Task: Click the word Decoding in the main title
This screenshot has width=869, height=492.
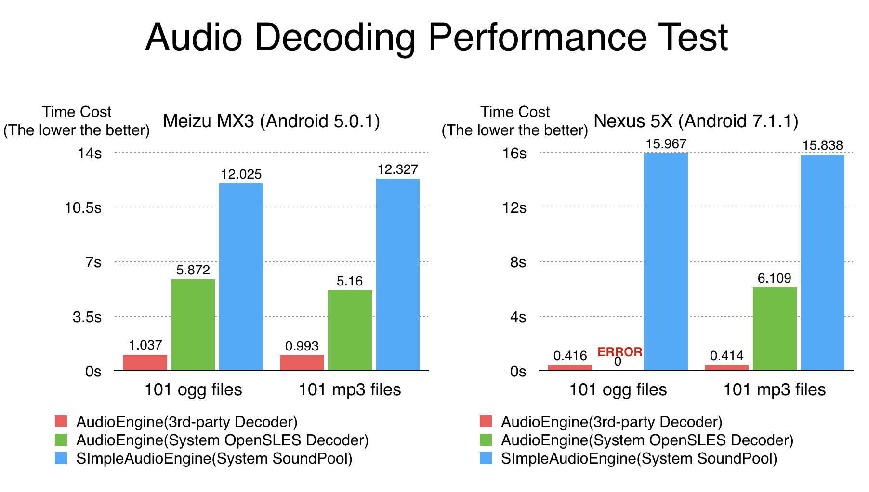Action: (x=335, y=38)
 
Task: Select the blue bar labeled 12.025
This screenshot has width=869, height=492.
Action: (x=241, y=277)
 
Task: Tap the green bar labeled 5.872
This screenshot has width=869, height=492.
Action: (x=193, y=325)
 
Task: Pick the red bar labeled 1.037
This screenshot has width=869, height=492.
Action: (x=145, y=363)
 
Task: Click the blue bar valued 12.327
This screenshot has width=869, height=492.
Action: (x=398, y=274)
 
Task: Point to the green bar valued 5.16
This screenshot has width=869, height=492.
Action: (x=350, y=330)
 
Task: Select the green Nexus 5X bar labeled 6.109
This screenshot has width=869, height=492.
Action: (x=775, y=329)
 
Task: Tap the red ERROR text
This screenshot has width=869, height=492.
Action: (x=620, y=352)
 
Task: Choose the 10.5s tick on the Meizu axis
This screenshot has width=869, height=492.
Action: (x=83, y=208)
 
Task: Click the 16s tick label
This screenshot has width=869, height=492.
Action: (x=514, y=154)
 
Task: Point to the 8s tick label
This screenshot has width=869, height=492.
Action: (x=518, y=262)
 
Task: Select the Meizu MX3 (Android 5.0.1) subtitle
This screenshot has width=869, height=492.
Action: (x=272, y=121)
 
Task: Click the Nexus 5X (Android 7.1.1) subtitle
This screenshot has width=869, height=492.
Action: (x=696, y=121)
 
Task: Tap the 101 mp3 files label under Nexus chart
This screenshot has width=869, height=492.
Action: (x=775, y=389)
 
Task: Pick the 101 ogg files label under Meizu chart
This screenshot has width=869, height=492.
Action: (x=193, y=389)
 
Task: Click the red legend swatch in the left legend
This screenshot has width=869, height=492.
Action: (x=61, y=422)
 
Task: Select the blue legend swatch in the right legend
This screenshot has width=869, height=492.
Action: (x=486, y=458)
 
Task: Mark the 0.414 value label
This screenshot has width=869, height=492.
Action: (x=726, y=356)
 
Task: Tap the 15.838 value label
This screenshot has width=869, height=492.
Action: (x=823, y=145)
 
